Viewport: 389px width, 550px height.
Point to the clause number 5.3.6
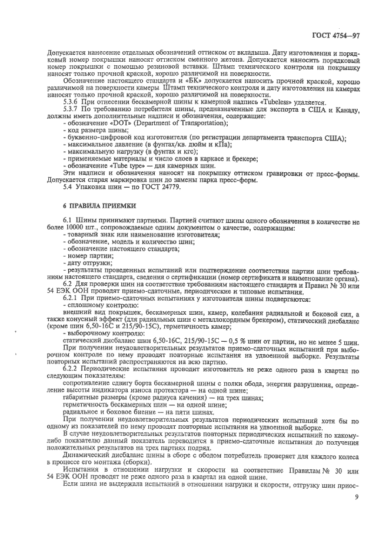pyautogui.click(x=71, y=102)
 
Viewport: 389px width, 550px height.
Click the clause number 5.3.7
pyautogui.click(x=71, y=109)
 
